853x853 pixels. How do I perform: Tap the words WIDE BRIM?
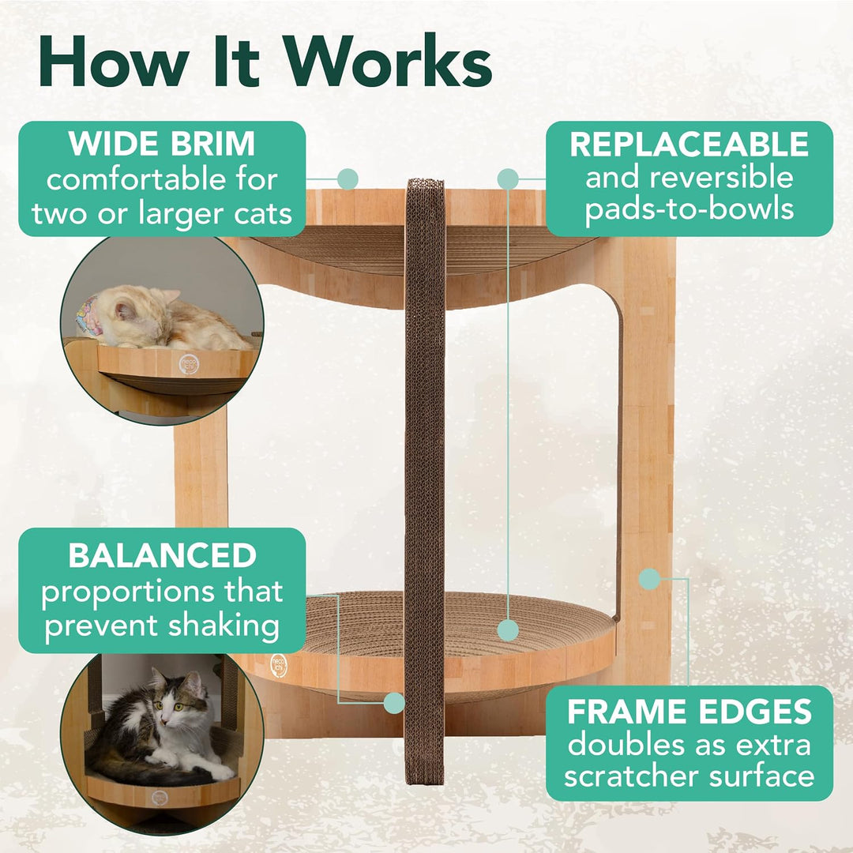tap(162, 145)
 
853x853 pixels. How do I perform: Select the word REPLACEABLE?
tap(690, 145)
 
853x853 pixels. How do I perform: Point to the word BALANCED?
tap(162, 555)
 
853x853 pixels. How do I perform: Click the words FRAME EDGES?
tap(690, 712)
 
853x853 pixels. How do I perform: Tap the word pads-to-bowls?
tap(690, 209)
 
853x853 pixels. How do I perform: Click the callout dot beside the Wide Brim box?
tap(348, 179)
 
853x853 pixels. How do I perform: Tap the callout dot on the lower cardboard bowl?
tap(508, 630)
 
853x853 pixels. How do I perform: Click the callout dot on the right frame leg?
tap(649, 580)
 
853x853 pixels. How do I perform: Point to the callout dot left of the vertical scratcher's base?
tap(394, 704)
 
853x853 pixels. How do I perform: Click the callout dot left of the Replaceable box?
tap(508, 179)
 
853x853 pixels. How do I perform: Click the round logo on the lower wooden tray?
tap(279, 666)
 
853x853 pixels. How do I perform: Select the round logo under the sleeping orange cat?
tap(189, 364)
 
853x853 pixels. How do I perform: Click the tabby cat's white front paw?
tap(220, 772)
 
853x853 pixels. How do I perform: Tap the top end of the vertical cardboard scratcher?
tap(426, 181)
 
